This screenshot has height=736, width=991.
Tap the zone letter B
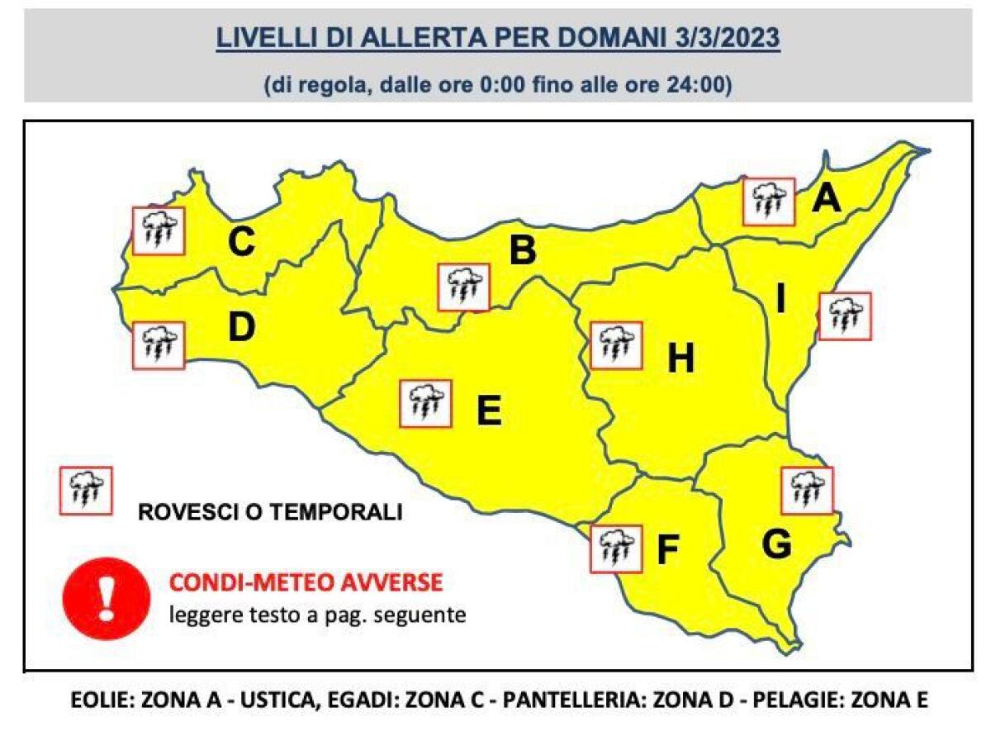[x=522, y=250]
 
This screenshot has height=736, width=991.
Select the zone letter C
[x=241, y=243]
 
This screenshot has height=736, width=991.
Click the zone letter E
[x=489, y=410]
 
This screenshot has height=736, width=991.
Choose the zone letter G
[x=776, y=544]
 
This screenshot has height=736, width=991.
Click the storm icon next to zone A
[x=768, y=201]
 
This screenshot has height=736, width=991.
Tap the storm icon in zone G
[x=807, y=490]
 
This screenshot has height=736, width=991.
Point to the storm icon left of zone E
[x=425, y=403]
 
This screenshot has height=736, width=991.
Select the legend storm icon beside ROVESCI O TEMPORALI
[x=86, y=491]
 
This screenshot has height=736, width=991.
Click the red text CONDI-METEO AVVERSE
[x=306, y=584]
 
